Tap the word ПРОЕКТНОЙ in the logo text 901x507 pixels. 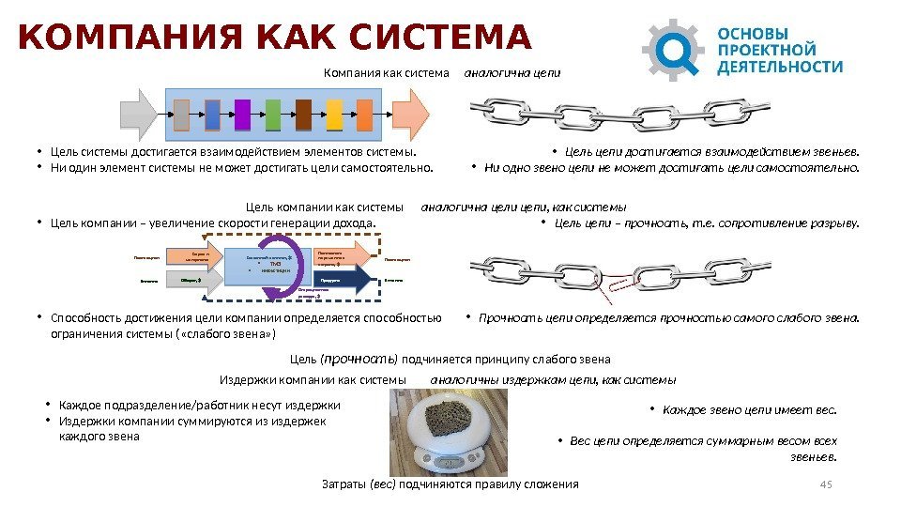(766, 49)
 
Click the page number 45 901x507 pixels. (826, 484)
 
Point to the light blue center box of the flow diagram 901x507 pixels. (269, 265)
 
